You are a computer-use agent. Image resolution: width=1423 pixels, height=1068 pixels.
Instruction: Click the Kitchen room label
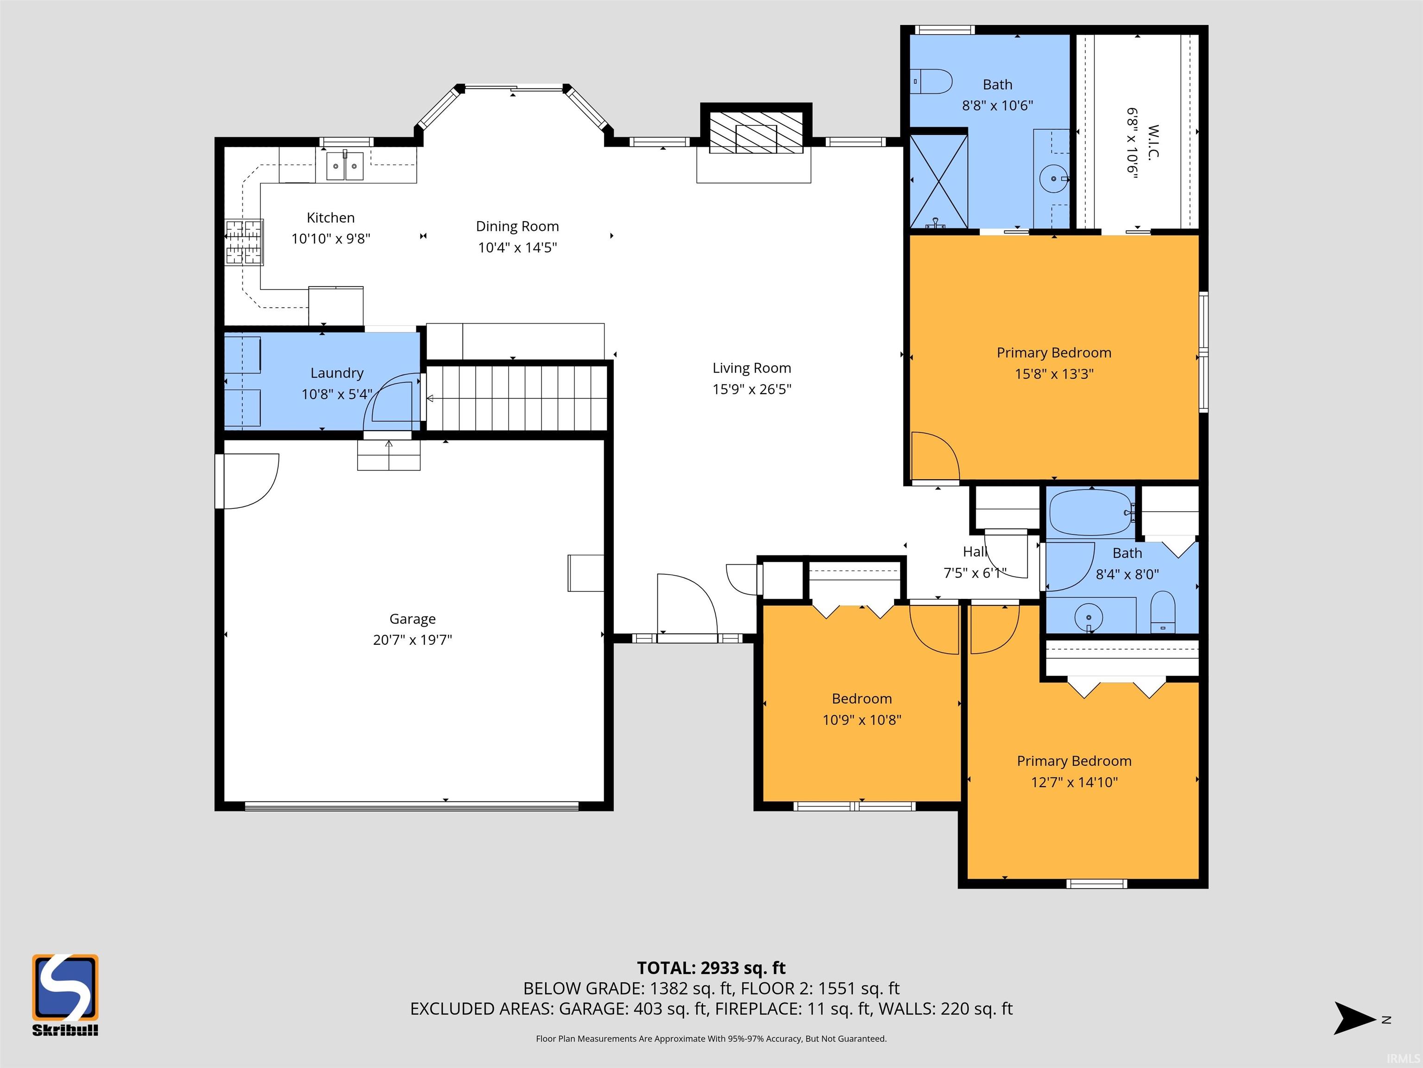tap(331, 217)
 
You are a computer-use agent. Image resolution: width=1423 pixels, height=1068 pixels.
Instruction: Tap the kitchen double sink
tap(346, 165)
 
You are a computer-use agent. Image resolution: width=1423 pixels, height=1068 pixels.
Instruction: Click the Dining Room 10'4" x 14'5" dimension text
tap(517, 247)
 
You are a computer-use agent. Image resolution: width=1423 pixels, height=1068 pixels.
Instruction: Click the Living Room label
tap(751, 368)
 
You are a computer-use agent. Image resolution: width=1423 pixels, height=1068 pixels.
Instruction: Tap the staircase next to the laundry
tap(518, 398)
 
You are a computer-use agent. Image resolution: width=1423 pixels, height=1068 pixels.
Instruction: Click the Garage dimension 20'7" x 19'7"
tap(412, 639)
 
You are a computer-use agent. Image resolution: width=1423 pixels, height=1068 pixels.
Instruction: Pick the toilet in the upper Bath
tap(932, 82)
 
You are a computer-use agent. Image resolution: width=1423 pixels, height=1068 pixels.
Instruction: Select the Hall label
tap(975, 552)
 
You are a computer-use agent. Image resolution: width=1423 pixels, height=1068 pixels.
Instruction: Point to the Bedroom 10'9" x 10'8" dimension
tap(862, 720)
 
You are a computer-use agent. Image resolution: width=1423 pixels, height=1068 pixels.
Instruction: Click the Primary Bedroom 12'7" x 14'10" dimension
tap(1074, 782)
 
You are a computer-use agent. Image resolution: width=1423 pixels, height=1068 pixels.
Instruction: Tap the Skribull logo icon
tap(65, 987)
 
